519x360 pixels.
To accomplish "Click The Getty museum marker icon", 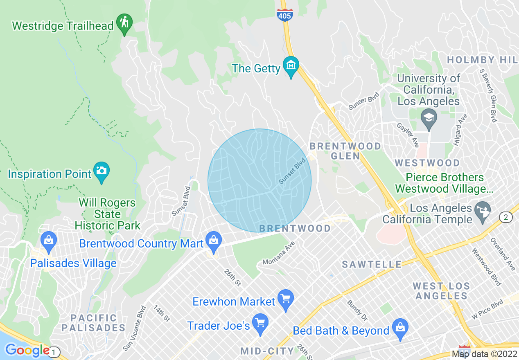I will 291,66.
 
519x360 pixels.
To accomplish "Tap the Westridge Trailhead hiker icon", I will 124,24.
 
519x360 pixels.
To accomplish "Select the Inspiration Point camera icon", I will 102,172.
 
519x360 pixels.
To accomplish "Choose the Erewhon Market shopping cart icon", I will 286,299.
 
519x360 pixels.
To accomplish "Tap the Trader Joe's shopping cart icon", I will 260,324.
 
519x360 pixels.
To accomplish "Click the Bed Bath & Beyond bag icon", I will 400,328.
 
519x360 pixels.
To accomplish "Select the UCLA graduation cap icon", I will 429,118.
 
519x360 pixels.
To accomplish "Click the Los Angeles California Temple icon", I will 483,211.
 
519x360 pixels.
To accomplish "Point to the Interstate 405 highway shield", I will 284,15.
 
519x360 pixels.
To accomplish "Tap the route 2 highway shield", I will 506,217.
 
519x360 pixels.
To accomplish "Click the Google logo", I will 27,351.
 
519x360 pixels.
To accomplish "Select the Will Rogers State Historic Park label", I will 107,214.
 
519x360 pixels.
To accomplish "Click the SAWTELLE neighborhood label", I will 372,265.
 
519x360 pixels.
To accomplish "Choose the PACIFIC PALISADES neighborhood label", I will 93,323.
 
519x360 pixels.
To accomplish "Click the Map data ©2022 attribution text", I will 484,354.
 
